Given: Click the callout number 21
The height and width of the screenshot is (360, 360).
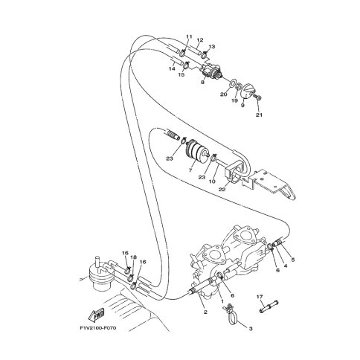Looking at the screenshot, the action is pyautogui.click(x=259, y=115).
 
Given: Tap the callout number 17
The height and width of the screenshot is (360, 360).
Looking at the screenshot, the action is pyautogui.click(x=260, y=297).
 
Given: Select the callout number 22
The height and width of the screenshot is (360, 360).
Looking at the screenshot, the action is pyautogui.click(x=222, y=190).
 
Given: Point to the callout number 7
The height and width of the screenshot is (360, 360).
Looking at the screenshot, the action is pyautogui.click(x=190, y=170).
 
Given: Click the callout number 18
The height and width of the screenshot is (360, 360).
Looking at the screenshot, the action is pyautogui.click(x=133, y=257).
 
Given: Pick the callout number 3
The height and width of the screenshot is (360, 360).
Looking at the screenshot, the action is pyautogui.click(x=251, y=329).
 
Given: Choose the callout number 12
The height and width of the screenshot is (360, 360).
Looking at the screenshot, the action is pyautogui.click(x=200, y=40).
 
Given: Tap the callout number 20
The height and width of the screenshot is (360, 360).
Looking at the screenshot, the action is pyautogui.click(x=223, y=94).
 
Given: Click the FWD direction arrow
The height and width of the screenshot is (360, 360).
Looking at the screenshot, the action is pyautogui.click(x=96, y=314).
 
